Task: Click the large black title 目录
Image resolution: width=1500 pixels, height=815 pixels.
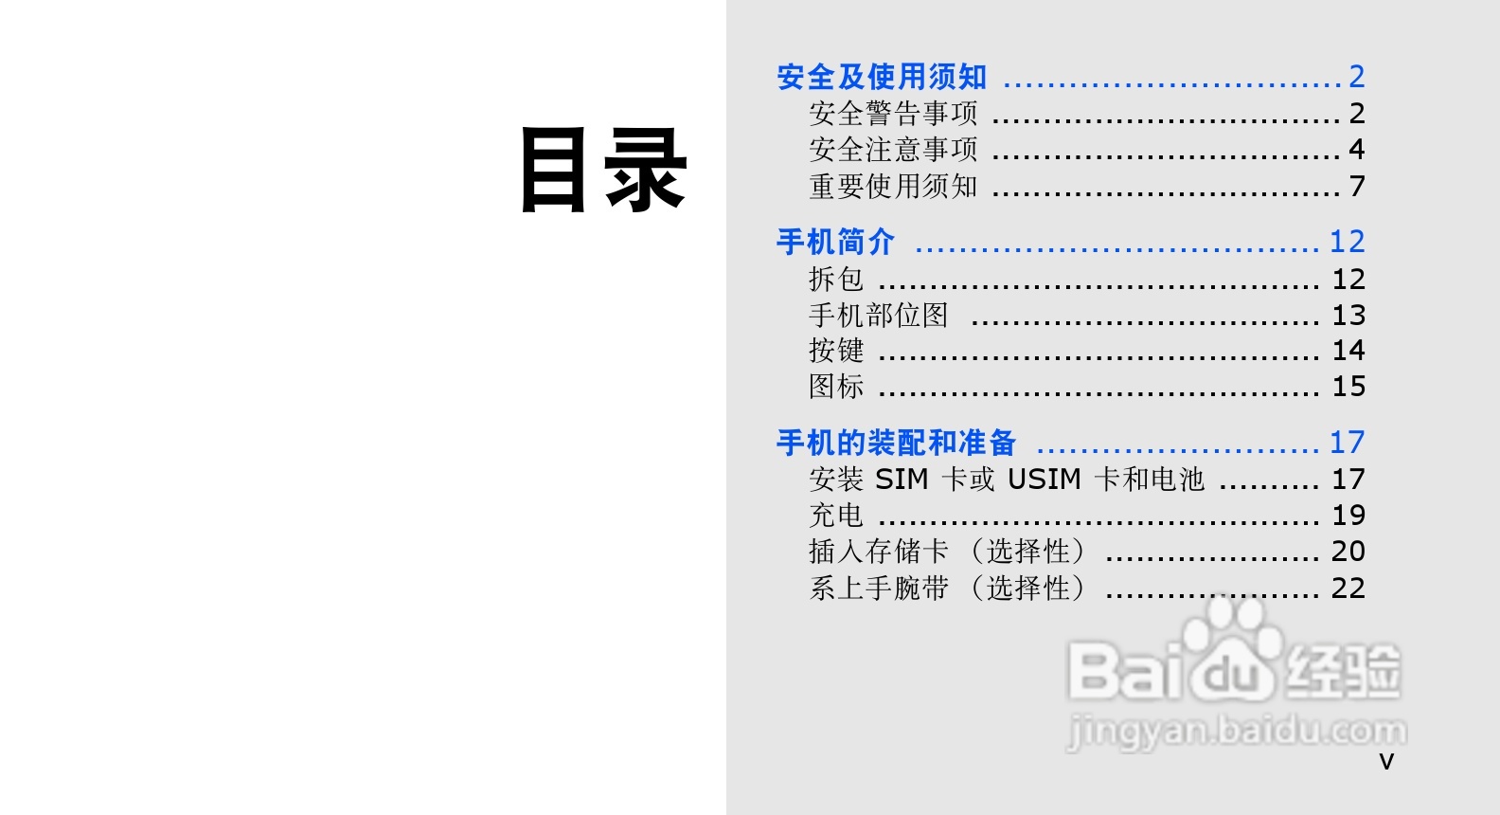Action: click(x=603, y=171)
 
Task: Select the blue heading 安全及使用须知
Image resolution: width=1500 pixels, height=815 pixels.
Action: click(x=882, y=77)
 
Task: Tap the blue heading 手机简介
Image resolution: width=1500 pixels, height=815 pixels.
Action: click(x=835, y=242)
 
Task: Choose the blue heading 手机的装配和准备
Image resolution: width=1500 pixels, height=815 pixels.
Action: click(x=896, y=443)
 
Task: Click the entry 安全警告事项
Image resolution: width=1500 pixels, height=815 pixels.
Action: click(x=893, y=114)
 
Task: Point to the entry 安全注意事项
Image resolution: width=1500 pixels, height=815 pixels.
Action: click(x=893, y=150)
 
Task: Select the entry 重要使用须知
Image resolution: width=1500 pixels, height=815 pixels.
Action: click(x=893, y=187)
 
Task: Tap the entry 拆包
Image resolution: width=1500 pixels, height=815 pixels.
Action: click(x=836, y=280)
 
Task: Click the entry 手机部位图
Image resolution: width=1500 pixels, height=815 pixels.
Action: click(x=879, y=316)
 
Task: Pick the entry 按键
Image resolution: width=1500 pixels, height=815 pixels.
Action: click(x=836, y=351)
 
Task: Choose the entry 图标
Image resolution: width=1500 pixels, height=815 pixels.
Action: click(x=836, y=387)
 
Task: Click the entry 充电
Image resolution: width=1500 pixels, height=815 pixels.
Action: click(x=836, y=516)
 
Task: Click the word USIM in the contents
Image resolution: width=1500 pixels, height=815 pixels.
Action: click(x=1044, y=480)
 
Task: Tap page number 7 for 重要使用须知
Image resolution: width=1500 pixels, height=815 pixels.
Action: click(x=1357, y=187)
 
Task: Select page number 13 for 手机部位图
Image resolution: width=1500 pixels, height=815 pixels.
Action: click(x=1348, y=316)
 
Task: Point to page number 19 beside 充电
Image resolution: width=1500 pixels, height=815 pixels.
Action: click(x=1348, y=516)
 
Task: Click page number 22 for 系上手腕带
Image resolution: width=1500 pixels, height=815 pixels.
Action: click(x=1348, y=589)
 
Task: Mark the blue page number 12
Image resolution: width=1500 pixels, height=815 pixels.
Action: click(x=1347, y=242)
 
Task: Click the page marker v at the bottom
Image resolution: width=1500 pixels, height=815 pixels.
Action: click(x=1386, y=762)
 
